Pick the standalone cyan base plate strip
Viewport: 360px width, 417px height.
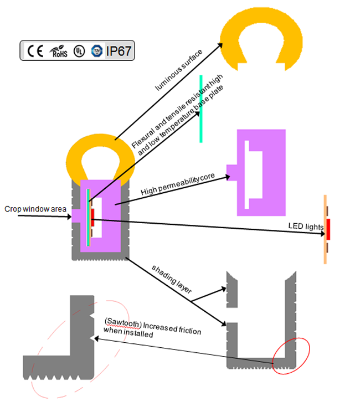(x=201, y=108)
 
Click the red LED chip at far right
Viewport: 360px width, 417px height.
(x=328, y=229)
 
